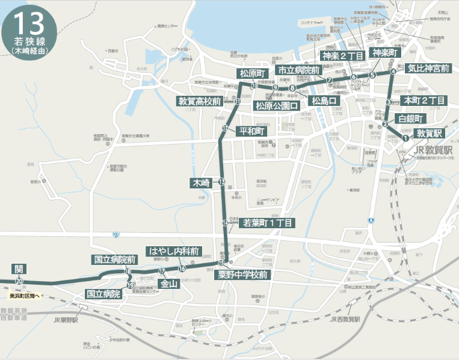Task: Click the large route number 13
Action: (28, 23)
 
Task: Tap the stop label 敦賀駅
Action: (430, 132)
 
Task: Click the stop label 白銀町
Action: (411, 117)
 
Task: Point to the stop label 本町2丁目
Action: (424, 100)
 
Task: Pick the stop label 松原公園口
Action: (277, 106)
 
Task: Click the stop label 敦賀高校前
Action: (200, 101)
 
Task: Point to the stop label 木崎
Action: (201, 182)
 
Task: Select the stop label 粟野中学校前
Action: (243, 275)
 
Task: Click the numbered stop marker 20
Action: (20, 281)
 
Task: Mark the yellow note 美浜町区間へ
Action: (24, 296)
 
